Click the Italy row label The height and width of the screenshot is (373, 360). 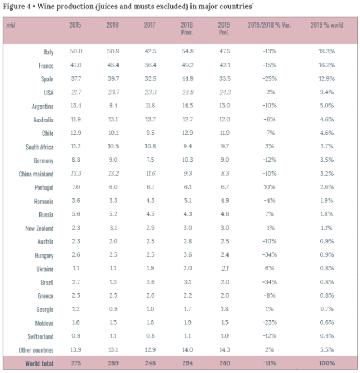pos(48,52)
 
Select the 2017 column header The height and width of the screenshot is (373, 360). pos(149,25)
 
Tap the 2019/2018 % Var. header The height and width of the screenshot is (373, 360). pos(270,25)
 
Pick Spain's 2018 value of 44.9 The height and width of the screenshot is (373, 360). pos(188,79)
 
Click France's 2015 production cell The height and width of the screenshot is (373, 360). pos(76,65)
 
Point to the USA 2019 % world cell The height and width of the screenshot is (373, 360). pos(327,92)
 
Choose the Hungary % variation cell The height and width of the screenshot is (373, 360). pos(270,255)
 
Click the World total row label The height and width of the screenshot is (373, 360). pos(39,363)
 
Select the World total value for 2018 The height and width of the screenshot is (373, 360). pos(188,363)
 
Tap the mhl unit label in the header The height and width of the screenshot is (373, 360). pos(11,25)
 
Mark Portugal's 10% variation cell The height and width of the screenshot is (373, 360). pos(269,187)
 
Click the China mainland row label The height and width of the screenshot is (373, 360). pos(36,174)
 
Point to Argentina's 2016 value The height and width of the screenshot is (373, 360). pos(113,106)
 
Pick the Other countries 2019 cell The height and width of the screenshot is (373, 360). pos(225,349)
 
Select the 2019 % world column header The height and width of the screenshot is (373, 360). pos(327,25)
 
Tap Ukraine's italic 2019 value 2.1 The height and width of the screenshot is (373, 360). pos(225,269)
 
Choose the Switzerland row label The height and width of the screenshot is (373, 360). pos(40,337)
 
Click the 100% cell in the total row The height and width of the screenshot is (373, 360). pos(327,363)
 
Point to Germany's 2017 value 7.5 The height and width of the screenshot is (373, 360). pos(151,160)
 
